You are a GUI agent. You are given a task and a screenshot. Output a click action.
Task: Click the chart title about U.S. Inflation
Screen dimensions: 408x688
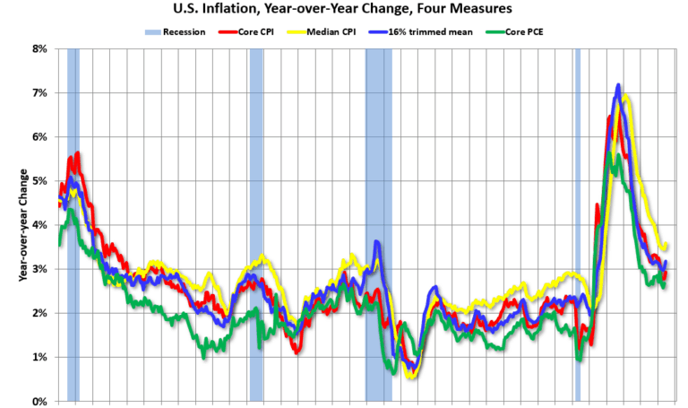coord(343,10)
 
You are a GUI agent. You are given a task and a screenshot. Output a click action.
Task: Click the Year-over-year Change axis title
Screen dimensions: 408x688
coord(21,224)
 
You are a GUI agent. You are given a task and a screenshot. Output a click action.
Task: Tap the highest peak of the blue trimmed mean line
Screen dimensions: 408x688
coord(618,86)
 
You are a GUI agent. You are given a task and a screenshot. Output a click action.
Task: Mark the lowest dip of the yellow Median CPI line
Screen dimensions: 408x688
coord(411,377)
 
